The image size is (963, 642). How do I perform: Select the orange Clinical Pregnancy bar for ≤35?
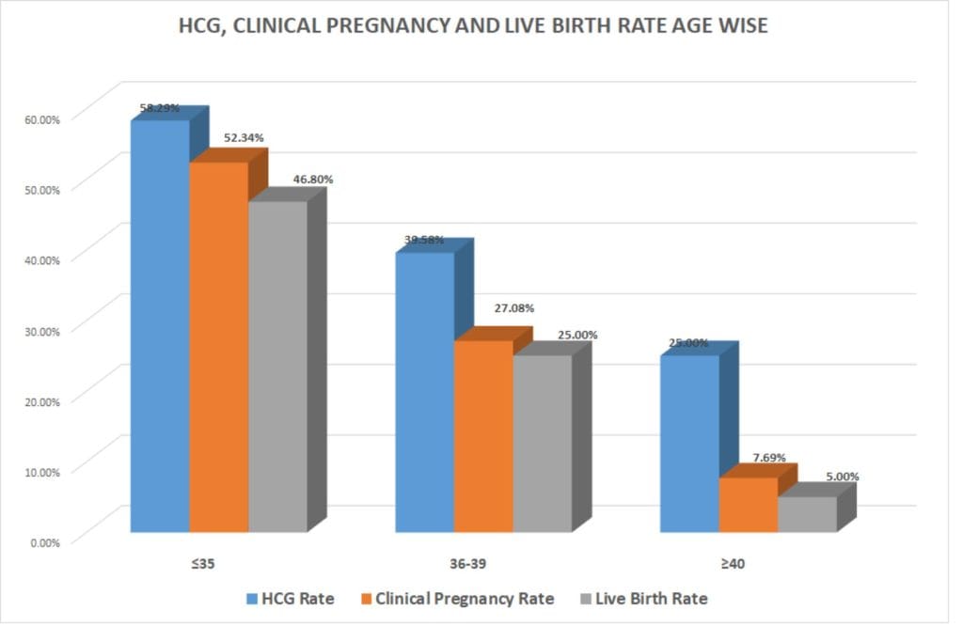218,348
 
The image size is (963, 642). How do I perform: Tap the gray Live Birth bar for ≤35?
277,367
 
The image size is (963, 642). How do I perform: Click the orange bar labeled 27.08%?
483,436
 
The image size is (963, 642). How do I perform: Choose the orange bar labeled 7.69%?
749,505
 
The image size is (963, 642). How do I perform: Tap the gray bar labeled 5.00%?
807,514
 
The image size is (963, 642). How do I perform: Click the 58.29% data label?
160,108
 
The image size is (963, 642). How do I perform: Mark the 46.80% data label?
313,179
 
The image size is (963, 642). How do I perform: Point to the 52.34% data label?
244,137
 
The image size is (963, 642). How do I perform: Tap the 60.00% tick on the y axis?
40,118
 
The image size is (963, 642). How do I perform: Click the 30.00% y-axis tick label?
40,330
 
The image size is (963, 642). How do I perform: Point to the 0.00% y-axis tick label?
43,541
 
